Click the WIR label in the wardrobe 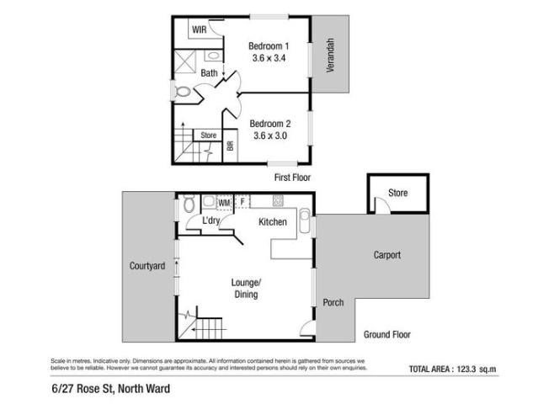tap(199, 29)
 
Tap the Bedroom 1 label tap(269, 45)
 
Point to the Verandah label tap(331, 55)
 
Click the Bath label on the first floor tap(209, 73)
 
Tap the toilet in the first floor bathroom tap(183, 91)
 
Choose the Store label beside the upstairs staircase tap(208, 135)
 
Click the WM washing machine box tap(224, 203)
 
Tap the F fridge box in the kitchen tap(242, 202)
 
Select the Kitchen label tap(273, 222)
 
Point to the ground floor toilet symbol tap(189, 205)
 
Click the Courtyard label tap(146, 266)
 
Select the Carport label tap(387, 255)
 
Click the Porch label tap(333, 303)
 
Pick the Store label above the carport tap(397, 194)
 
